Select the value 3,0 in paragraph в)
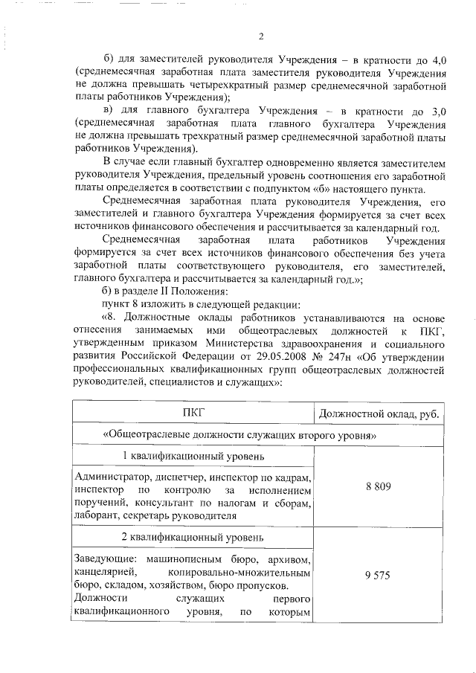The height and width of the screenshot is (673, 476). [x=437, y=111]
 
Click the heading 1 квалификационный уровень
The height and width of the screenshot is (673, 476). [x=193, y=455]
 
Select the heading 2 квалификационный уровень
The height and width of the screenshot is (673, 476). [x=193, y=536]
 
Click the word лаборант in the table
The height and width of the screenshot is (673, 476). [x=97, y=515]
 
